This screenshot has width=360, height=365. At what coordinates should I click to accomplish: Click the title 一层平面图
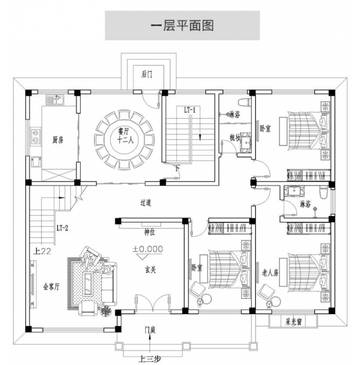click(x=182, y=25)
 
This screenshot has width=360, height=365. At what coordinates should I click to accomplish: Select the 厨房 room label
click(x=58, y=140)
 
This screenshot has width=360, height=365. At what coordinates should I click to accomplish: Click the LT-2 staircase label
click(x=63, y=227)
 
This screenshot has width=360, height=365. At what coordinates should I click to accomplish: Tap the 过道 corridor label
click(x=145, y=202)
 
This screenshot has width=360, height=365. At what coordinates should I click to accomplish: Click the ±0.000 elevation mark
click(x=148, y=249)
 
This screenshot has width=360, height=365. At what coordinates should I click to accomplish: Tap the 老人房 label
click(x=270, y=272)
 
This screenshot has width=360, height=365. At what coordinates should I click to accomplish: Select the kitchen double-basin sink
click(x=35, y=135)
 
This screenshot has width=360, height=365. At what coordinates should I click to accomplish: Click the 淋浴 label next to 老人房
click(x=305, y=204)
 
